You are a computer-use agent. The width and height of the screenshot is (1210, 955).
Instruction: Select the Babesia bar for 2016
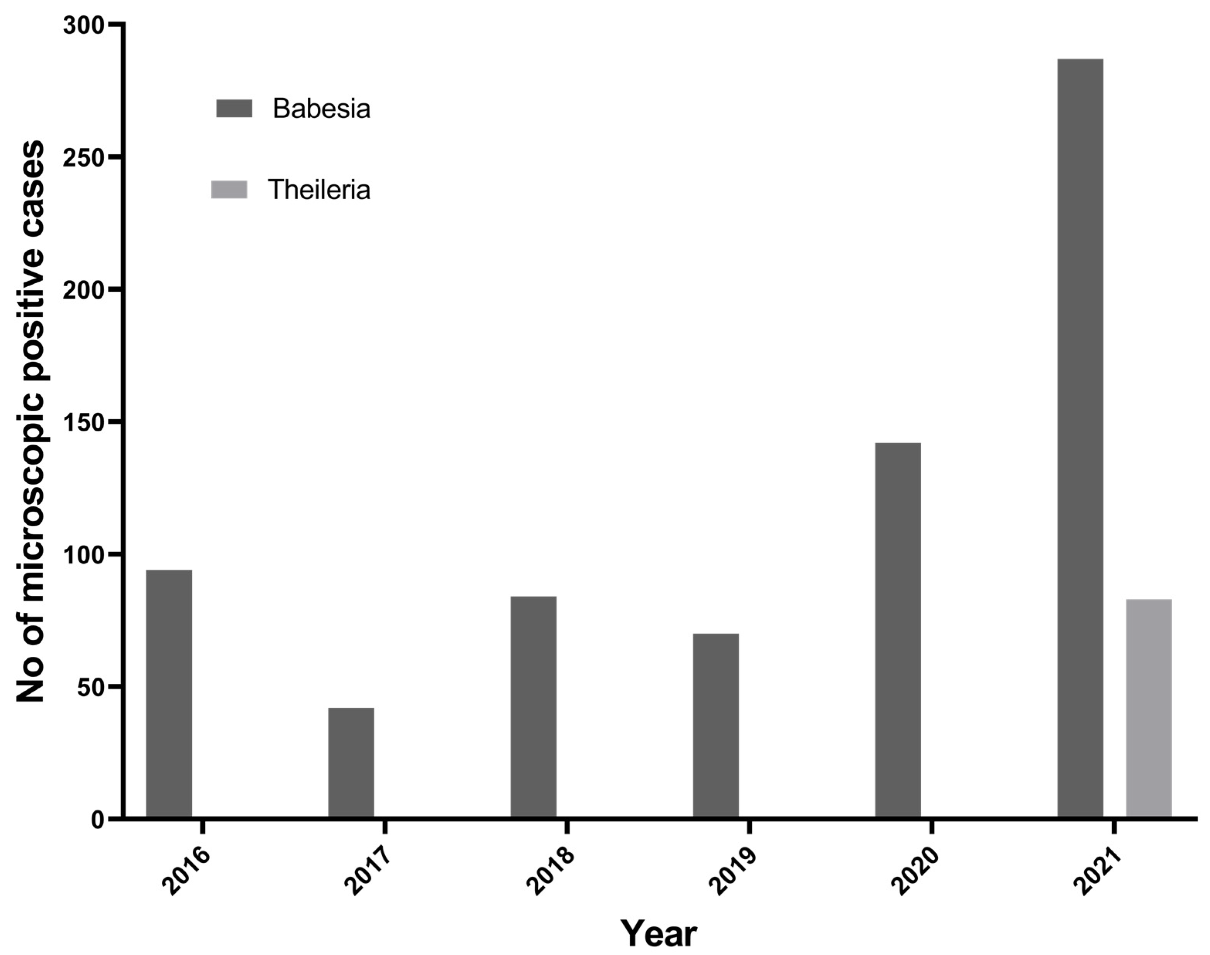click(x=169, y=694)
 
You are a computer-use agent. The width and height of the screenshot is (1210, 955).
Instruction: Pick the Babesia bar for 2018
click(x=533, y=707)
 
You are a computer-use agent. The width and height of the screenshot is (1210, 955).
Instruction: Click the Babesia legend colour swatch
click(x=234, y=108)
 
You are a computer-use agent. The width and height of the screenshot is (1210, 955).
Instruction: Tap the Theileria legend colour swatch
click(x=229, y=189)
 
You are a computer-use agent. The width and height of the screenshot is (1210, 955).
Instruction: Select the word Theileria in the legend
click(x=319, y=190)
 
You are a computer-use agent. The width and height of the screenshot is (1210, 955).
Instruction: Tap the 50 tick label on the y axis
click(x=91, y=687)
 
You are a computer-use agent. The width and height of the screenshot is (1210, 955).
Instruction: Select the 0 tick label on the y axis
click(x=98, y=820)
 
